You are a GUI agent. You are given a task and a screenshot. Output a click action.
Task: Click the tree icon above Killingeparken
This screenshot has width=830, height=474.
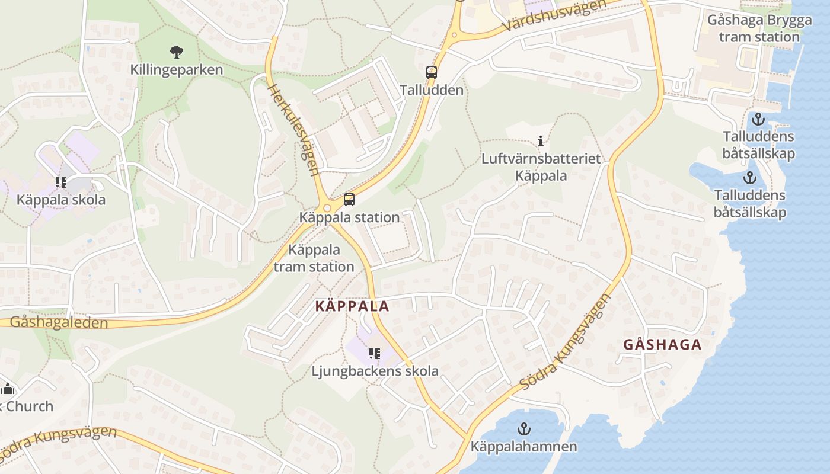(176, 52)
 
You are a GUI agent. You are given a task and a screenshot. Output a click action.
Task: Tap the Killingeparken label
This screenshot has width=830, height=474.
(177, 70)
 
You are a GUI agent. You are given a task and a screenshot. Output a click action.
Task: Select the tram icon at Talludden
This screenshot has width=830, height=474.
(432, 72)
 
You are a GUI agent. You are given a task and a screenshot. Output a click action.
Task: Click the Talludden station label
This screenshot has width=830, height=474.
(431, 91)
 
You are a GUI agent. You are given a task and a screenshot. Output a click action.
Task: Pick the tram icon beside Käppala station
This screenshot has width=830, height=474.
(349, 200)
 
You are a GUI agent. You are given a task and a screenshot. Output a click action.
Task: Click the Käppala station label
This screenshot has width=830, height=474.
(349, 217)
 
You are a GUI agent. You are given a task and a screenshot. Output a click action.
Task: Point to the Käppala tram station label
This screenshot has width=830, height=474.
(314, 258)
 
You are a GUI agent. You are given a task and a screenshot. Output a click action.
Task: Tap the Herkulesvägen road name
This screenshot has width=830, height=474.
(294, 130)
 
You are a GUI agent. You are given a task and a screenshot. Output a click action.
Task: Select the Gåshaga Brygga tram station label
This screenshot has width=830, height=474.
(759, 28)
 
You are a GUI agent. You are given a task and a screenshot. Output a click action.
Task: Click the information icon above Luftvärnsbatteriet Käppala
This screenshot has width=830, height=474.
(540, 141)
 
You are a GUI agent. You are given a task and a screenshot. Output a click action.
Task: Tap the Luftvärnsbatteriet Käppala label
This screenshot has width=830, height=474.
(541, 167)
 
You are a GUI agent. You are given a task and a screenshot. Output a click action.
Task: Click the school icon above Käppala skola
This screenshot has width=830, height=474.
(60, 182)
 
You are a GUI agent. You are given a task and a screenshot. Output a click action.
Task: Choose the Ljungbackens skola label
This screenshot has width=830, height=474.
(375, 371)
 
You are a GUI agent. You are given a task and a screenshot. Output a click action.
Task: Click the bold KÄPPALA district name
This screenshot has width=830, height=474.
(352, 306)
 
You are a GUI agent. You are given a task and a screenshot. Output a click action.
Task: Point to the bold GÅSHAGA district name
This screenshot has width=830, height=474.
(662, 345)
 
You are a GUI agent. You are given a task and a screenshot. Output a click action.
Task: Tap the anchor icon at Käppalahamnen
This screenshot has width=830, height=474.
(523, 428)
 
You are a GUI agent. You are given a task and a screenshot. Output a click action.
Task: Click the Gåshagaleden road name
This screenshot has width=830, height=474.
(59, 323)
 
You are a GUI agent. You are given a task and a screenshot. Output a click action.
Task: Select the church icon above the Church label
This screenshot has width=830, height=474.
(8, 389)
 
